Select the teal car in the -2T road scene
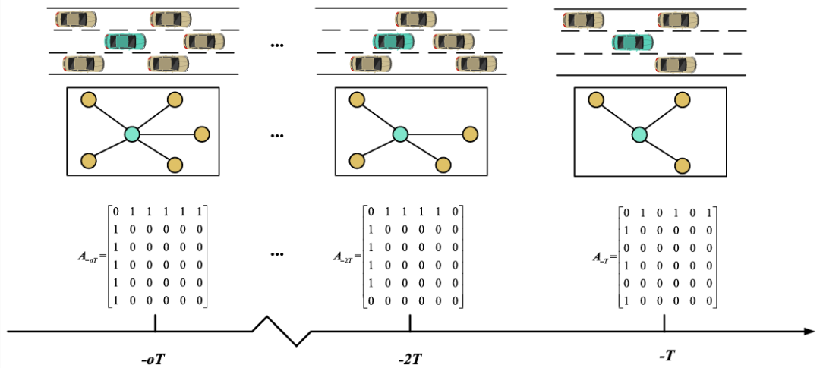pos(393,41)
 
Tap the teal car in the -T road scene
pos(632,42)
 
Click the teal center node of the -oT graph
pos(132,134)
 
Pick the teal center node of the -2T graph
pos(400,134)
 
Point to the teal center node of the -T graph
pos(639,134)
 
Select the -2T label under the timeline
pos(410,356)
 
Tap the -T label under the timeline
pos(665,354)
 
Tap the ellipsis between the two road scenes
pos(276,46)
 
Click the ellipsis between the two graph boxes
pos(276,137)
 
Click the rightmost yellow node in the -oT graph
pos(202,134)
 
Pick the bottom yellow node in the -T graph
pos(683,165)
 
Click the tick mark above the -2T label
pos(410,322)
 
